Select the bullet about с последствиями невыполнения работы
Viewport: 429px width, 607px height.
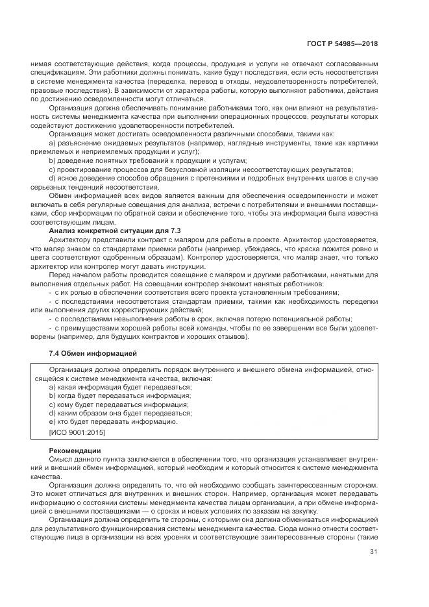(x=201, y=319)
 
